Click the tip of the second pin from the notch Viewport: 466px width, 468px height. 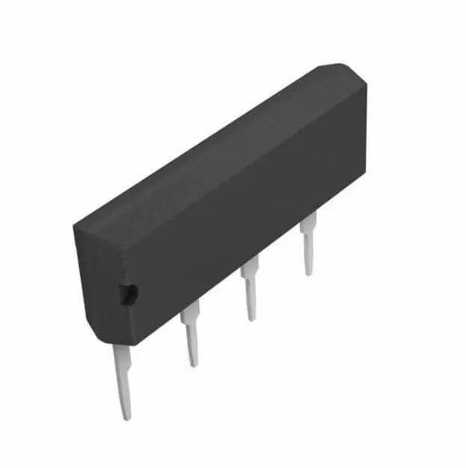tap(195, 365)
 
